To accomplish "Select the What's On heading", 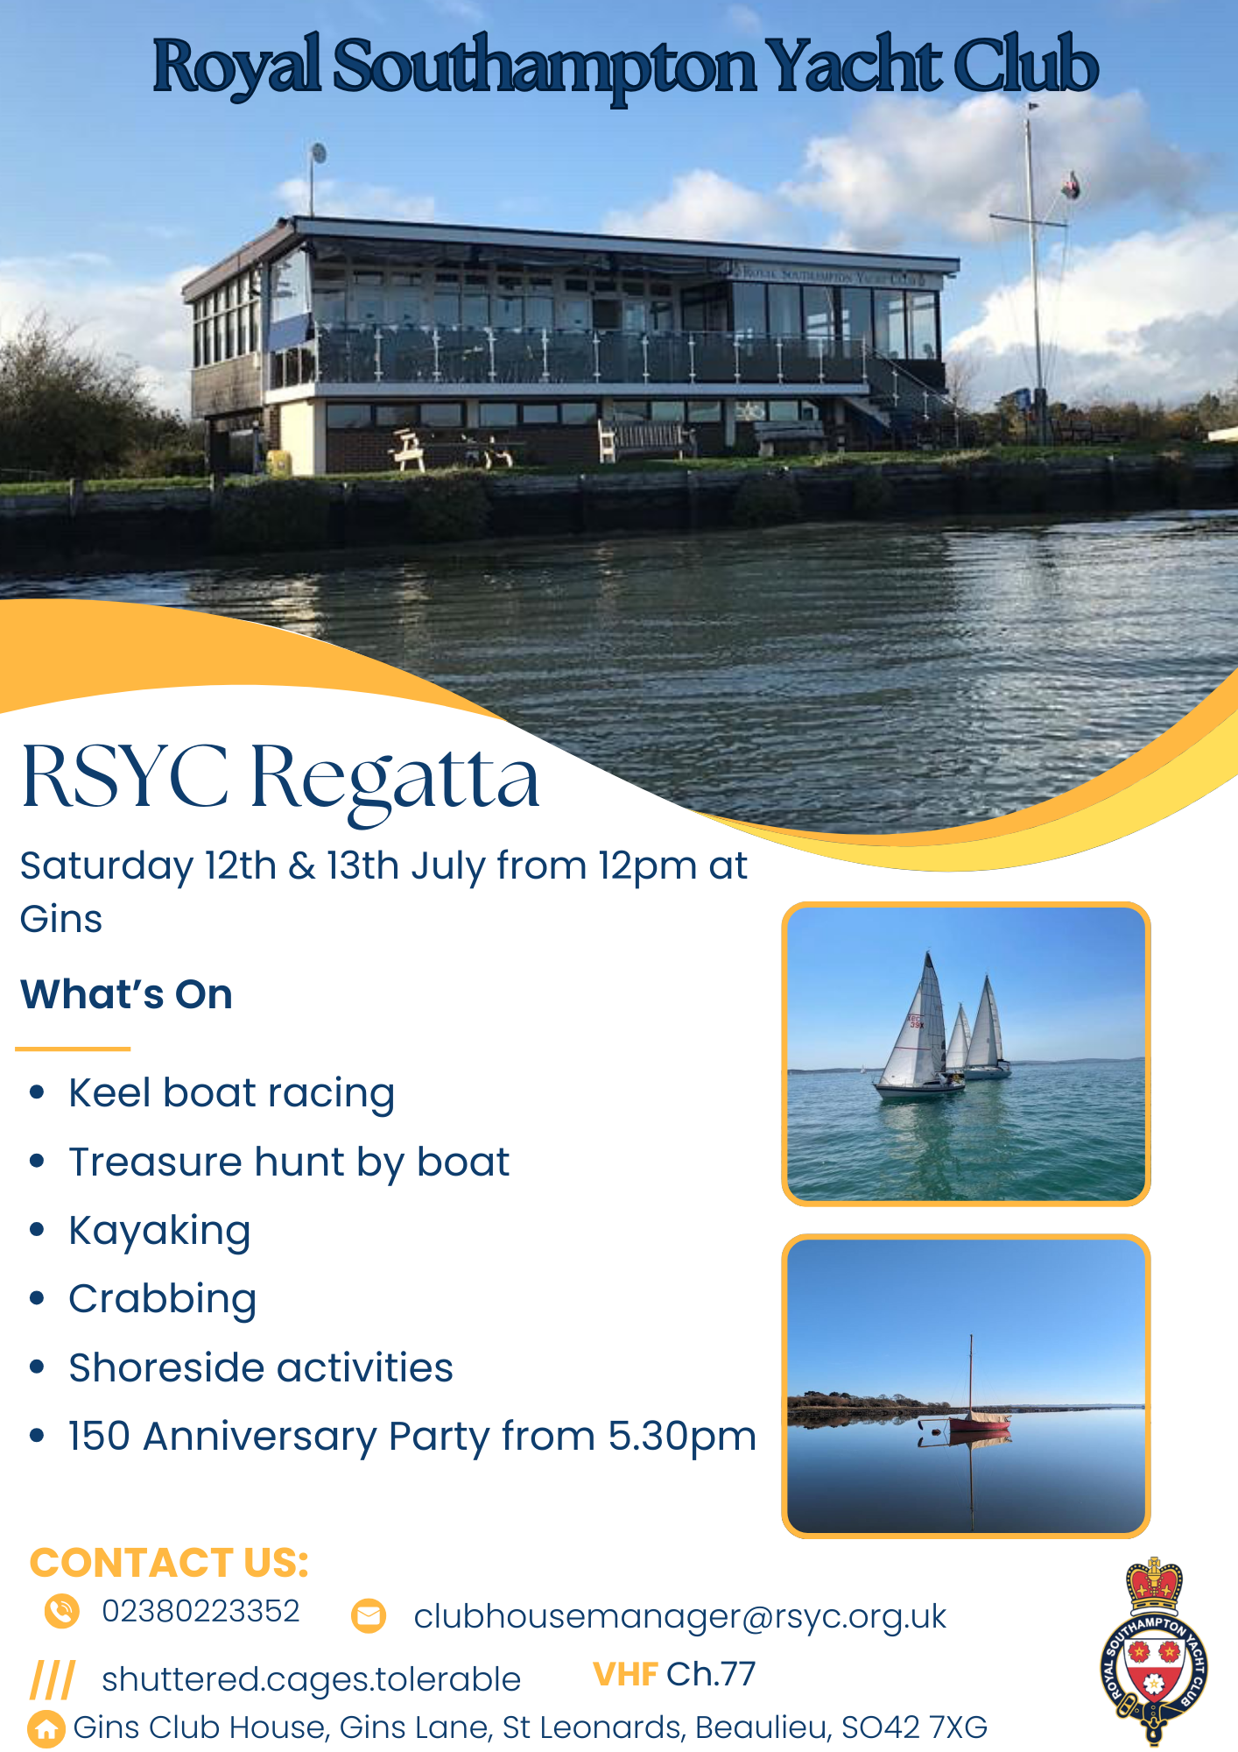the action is click(127, 994).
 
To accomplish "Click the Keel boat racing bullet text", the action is click(232, 1094).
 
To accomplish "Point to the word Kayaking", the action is click(160, 1232).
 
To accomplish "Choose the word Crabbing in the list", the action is click(163, 1300).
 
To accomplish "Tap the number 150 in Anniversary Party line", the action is click(100, 1437).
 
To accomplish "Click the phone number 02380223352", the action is click(200, 1611).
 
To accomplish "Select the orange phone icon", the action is click(62, 1611).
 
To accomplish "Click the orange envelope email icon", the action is click(369, 1616).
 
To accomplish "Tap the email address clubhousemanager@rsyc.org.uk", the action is click(680, 1617).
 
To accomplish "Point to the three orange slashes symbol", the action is click(53, 1679).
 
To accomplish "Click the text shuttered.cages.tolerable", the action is click(311, 1680).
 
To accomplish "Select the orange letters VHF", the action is click(625, 1674).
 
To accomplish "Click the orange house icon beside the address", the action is click(46, 1729).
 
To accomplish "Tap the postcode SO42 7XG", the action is click(914, 1727).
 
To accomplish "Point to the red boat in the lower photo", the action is click(980, 1423).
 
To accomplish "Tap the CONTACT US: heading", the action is click(170, 1563).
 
